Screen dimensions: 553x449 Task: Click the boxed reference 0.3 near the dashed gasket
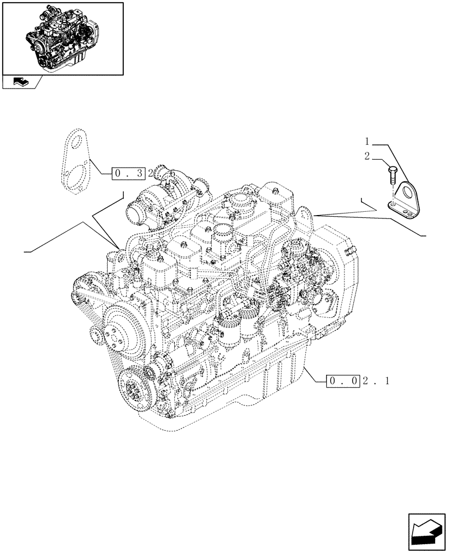(128, 173)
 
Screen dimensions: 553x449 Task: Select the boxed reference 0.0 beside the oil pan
(344, 380)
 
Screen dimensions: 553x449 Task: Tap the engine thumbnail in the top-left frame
(62, 38)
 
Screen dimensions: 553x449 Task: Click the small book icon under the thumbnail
(18, 82)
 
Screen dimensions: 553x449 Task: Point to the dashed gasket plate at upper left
(74, 160)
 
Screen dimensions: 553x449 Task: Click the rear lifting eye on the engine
(304, 213)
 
